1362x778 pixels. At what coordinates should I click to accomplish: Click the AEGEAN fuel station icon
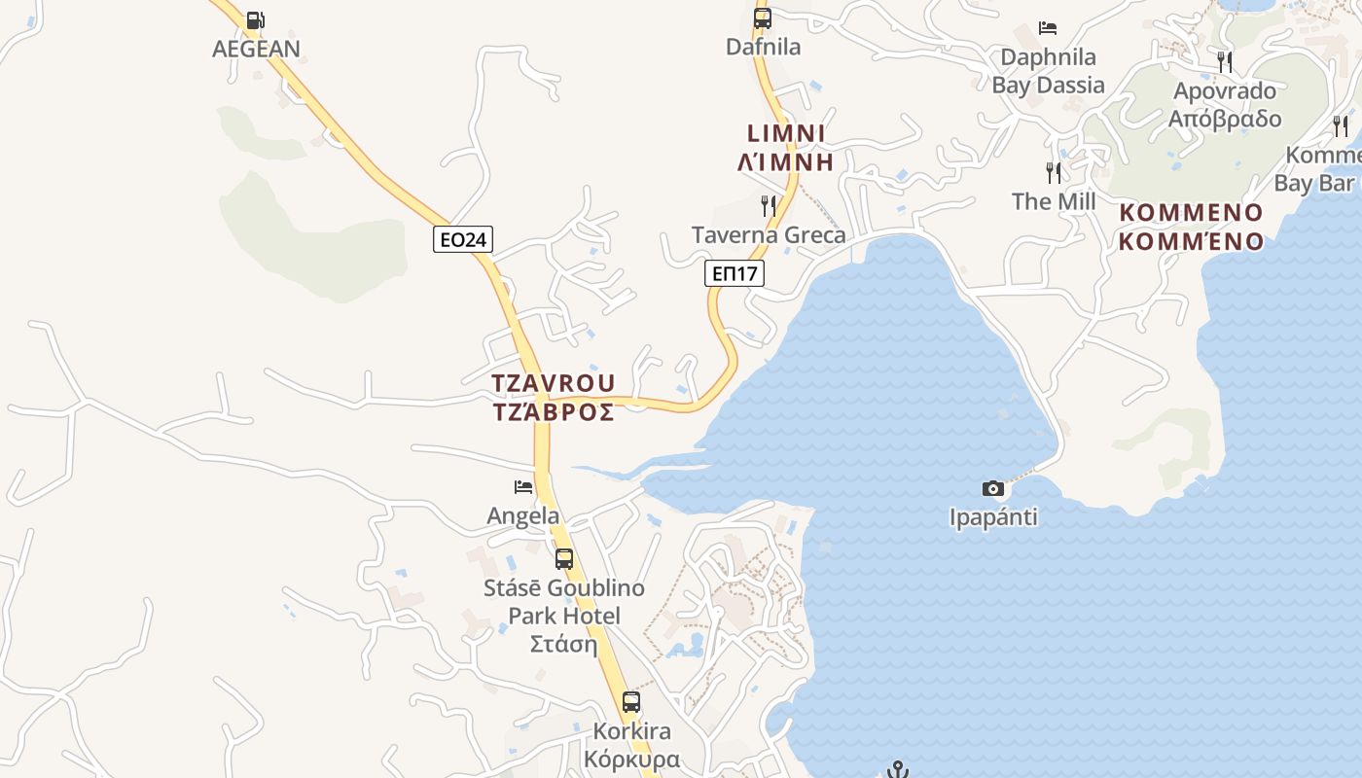(x=255, y=19)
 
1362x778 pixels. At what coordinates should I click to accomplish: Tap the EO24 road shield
(x=463, y=239)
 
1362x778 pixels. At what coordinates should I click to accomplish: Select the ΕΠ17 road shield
(x=735, y=273)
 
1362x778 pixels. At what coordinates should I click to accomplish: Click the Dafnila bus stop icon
(x=763, y=18)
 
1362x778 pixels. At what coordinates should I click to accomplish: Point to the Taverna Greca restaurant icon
(x=769, y=205)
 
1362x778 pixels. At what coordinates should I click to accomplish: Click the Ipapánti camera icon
(x=993, y=488)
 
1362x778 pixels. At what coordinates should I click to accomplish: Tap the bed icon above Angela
(x=523, y=487)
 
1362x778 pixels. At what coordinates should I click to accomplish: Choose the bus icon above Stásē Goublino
(x=564, y=558)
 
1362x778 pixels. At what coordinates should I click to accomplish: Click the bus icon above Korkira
(x=631, y=701)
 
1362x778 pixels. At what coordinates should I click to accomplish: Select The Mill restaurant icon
(x=1054, y=173)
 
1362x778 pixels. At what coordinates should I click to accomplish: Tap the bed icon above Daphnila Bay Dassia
(x=1048, y=27)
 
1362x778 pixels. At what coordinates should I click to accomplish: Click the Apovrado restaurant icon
(x=1225, y=62)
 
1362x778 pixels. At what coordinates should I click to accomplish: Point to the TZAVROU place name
(x=554, y=383)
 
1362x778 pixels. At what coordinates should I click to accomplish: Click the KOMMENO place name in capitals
(x=1191, y=213)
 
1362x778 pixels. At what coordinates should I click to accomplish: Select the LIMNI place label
(x=786, y=133)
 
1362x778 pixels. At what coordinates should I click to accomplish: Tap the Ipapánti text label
(x=993, y=517)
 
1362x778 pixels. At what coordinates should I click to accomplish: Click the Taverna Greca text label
(x=769, y=235)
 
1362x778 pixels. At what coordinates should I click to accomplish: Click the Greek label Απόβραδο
(x=1225, y=119)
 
